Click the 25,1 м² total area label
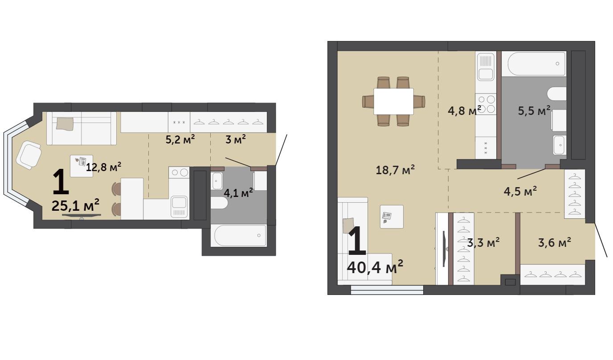point(75,205)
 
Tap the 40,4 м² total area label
point(375,267)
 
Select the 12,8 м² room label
point(103,167)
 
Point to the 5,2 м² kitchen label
point(180,139)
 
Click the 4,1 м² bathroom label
point(238,193)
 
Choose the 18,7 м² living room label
point(395,170)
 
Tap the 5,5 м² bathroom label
point(534,111)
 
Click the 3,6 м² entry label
point(555,242)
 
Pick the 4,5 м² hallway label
point(520,191)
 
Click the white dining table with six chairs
point(393,101)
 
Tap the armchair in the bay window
point(29,155)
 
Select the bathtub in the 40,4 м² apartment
point(537,64)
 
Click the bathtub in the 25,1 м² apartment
point(240,235)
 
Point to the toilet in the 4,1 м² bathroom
point(219,203)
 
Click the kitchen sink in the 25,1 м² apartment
point(179,206)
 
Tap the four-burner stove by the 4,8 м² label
point(486,104)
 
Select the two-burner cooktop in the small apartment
point(179,172)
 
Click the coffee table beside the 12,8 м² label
point(81,166)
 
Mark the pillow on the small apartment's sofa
point(65,124)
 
